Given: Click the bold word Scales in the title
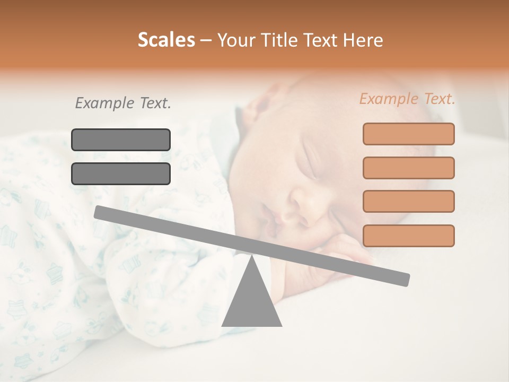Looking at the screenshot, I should (166, 40).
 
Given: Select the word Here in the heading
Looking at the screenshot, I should (363, 40).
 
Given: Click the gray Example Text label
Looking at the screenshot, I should (123, 103).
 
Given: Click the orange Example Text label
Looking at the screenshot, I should (407, 99).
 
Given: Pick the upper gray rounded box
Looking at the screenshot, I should (121, 140).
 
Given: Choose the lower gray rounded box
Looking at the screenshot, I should (121, 173).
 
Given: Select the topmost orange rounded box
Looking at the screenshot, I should (408, 134).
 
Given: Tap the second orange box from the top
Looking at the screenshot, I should (408, 168).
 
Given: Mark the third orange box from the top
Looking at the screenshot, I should (408, 201).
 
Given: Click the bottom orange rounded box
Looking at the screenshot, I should (408, 236).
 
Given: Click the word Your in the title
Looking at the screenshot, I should (236, 40).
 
